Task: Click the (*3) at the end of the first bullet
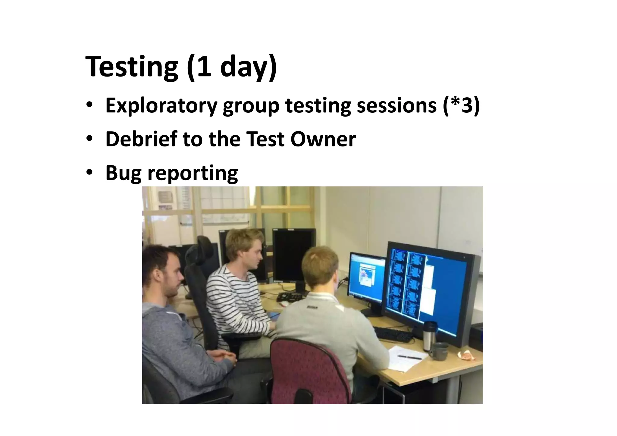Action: pos(461,105)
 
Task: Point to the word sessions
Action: pos(396,105)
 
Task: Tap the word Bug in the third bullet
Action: pos(123,173)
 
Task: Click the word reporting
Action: pos(193,173)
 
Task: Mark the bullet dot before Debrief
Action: pos(89,139)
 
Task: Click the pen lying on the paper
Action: pos(409,358)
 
